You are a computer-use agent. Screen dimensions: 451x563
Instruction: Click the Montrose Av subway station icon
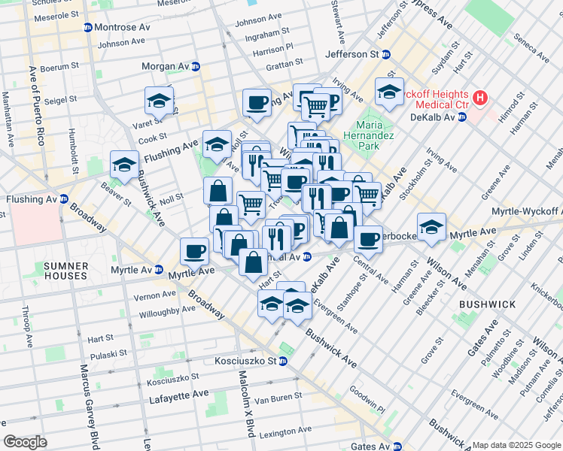(x=87, y=28)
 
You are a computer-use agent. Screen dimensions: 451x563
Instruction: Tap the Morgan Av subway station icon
(x=196, y=66)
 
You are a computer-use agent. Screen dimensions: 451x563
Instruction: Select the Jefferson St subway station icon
(x=387, y=55)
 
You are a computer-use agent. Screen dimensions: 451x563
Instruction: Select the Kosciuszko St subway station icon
(x=282, y=361)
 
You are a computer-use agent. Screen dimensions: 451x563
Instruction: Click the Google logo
(x=25, y=442)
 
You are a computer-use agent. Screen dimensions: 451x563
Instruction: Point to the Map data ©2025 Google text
(x=516, y=445)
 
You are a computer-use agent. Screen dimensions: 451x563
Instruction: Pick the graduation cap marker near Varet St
(x=159, y=100)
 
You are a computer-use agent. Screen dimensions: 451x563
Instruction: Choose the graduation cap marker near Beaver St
(x=124, y=165)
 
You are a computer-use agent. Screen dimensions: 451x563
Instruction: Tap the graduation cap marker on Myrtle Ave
(x=431, y=227)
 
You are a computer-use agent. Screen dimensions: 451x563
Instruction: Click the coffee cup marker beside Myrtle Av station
(x=193, y=251)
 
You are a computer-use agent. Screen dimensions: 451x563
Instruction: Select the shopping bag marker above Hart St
(x=254, y=262)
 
